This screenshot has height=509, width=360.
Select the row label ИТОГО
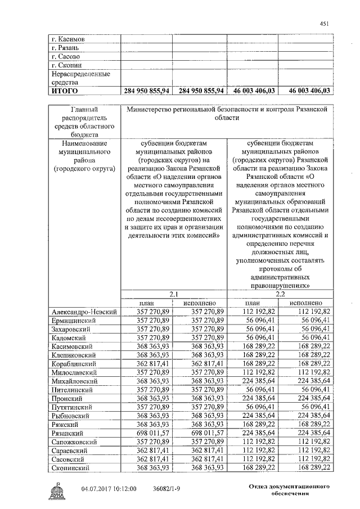coord(65,91)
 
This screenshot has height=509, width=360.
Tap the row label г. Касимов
coord(68,40)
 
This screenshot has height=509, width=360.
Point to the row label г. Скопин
coord(67,65)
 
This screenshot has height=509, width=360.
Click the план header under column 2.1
coord(147,303)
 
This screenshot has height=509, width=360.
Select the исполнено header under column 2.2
coord(307,303)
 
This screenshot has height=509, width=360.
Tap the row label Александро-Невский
coord(84,312)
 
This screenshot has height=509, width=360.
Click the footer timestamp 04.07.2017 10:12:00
coord(109,489)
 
